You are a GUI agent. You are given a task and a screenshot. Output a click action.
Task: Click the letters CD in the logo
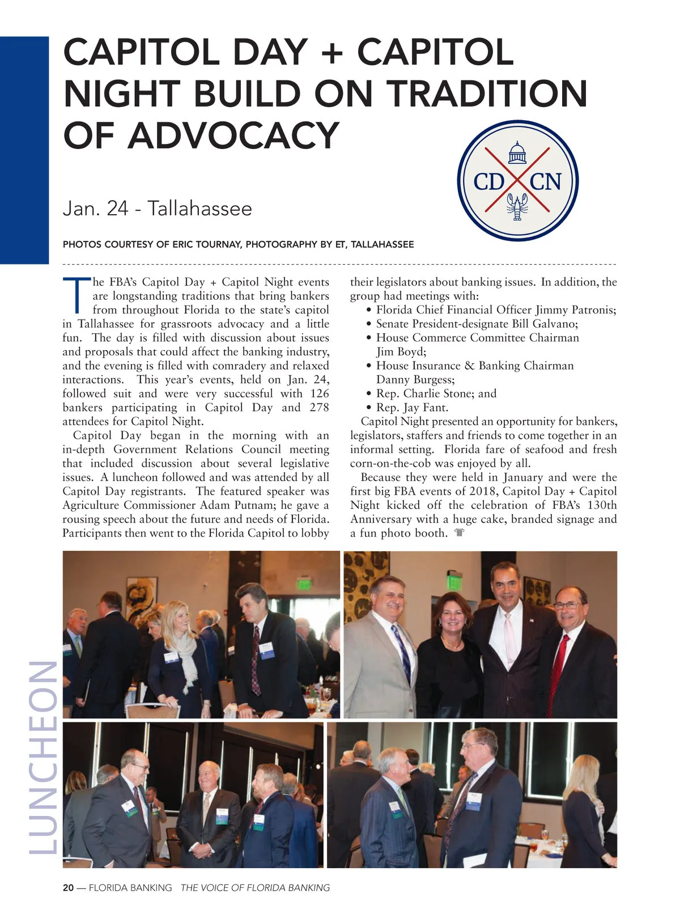(x=488, y=182)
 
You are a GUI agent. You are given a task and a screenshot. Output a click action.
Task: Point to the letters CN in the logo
(x=546, y=182)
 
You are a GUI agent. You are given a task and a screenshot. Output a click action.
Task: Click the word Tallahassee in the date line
(x=199, y=209)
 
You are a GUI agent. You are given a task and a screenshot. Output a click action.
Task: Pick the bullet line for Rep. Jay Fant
(x=412, y=407)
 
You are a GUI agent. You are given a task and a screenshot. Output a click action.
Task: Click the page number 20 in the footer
(x=68, y=888)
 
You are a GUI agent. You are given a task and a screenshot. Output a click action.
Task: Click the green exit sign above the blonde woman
(x=304, y=584)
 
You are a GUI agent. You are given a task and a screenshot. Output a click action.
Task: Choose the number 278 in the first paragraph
(x=319, y=407)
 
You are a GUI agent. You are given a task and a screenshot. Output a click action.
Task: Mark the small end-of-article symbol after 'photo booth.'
(x=459, y=533)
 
